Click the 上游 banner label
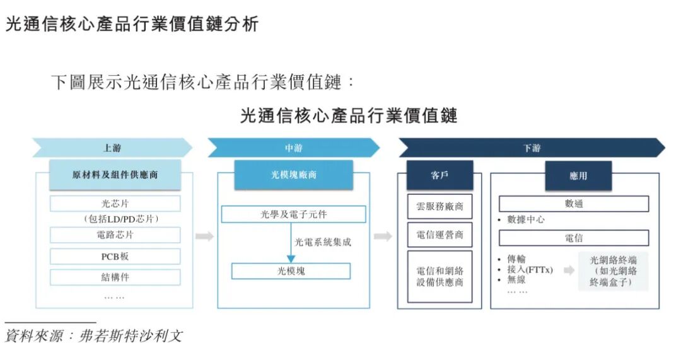112,148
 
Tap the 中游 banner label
294,148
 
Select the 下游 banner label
532,148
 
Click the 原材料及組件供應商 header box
115,175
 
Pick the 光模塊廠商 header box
294,175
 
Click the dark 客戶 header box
439,175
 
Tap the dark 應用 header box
578,176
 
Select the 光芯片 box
115,204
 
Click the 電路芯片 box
115,235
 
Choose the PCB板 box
115,257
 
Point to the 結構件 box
115,277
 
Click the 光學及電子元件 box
294,214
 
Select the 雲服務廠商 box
439,206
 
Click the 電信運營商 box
439,235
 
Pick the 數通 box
574,204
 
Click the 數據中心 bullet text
526,220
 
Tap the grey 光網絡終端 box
614,271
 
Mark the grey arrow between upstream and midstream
204,236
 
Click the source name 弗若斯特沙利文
131,335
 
